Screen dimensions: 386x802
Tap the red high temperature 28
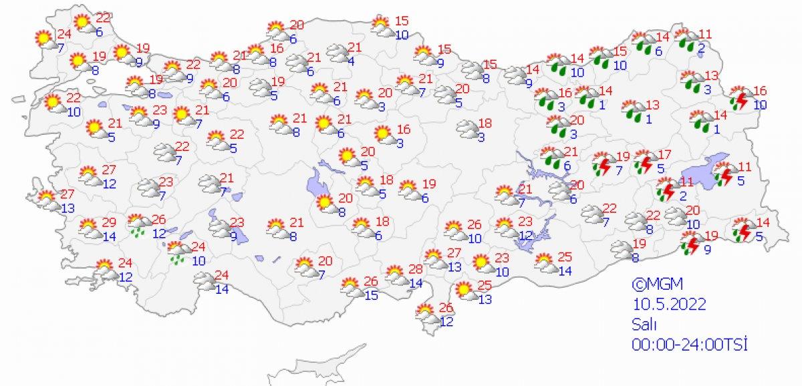pos(416,268)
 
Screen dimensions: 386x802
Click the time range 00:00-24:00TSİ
pos(688,344)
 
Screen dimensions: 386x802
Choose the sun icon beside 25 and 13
pos(462,291)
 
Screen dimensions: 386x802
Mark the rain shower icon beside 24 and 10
pos(178,253)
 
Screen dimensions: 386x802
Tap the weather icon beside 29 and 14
pos(90,228)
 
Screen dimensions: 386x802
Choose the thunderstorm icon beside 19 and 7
pos(604,163)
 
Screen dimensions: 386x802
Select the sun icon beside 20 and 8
pos(325,202)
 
